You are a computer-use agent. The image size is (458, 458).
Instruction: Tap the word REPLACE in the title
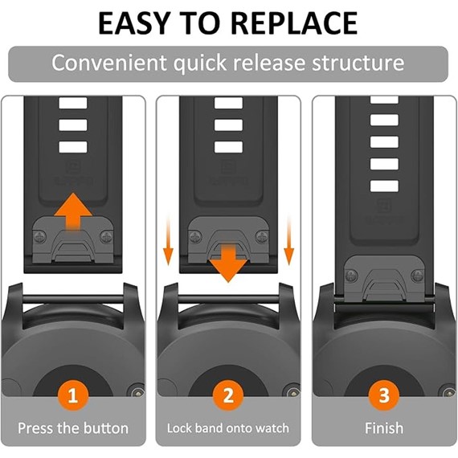[x=295, y=23]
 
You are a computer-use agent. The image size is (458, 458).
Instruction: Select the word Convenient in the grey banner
[x=108, y=63]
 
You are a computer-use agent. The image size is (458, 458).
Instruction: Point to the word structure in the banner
[x=358, y=63]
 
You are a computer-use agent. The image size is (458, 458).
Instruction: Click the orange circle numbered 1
[x=73, y=395]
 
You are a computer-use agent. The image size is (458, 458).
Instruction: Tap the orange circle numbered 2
[x=228, y=395]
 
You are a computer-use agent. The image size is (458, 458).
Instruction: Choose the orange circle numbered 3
[x=384, y=395]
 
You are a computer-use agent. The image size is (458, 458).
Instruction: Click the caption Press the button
[x=73, y=428]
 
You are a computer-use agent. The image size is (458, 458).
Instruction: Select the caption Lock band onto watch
[x=228, y=428]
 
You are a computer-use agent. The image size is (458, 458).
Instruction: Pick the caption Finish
[x=384, y=428]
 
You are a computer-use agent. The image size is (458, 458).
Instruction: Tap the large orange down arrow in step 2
[x=228, y=264]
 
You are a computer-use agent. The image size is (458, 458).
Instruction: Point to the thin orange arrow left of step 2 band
[x=168, y=240]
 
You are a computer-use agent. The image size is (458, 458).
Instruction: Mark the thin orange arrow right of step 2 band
[x=289, y=240]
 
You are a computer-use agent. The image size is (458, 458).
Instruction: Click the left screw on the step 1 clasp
[x=40, y=236]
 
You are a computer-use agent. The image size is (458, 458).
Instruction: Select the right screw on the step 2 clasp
[x=262, y=236]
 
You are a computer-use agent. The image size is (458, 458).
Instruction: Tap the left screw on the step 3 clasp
[x=351, y=276]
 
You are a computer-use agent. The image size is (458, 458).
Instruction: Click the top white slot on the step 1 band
[x=73, y=103]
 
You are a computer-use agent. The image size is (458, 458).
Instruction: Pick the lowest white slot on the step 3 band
[x=384, y=186]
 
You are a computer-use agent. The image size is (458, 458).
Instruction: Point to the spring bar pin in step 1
[x=73, y=300]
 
